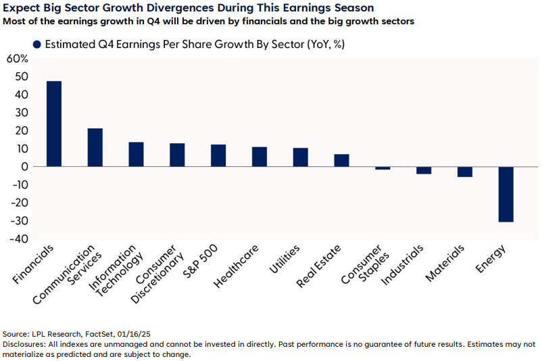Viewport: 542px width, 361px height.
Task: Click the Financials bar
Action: click(x=54, y=124)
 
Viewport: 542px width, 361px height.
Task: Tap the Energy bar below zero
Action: click(x=506, y=194)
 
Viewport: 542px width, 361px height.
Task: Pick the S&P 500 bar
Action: click(x=218, y=155)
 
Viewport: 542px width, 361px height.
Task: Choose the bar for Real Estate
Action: click(x=342, y=160)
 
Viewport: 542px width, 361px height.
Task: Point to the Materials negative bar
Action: click(x=465, y=172)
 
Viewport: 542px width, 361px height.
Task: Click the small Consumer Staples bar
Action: click(x=383, y=168)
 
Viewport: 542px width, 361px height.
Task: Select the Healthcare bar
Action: click(x=260, y=157)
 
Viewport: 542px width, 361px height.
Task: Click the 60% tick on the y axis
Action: click(x=17, y=59)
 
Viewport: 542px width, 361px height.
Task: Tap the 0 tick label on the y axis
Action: click(x=24, y=167)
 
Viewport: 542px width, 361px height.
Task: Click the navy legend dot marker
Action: click(x=37, y=45)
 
